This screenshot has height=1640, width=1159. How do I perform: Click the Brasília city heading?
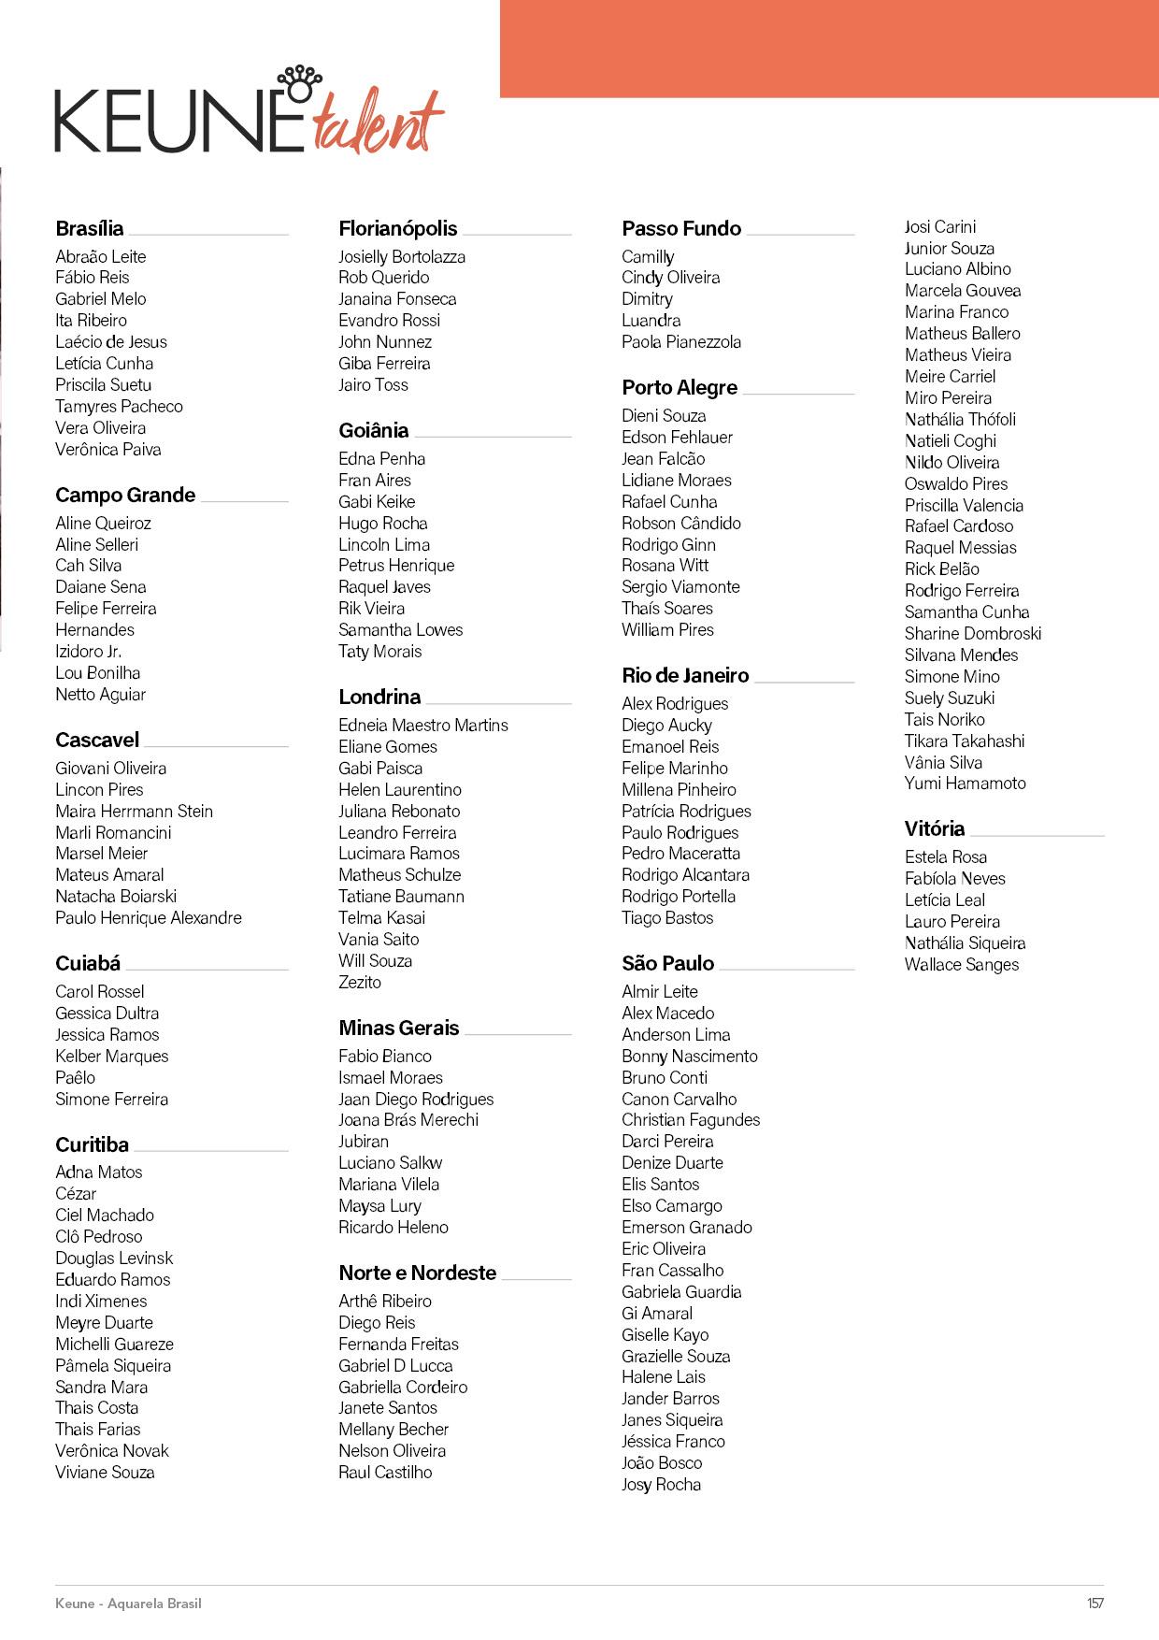(90, 229)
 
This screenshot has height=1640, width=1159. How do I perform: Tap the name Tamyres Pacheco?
(119, 407)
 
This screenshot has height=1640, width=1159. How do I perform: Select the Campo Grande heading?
(125, 496)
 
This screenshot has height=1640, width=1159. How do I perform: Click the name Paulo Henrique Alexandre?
(149, 918)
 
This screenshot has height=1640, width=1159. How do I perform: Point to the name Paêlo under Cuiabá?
(75, 1078)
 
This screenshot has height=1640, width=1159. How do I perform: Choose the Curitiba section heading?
(92, 1145)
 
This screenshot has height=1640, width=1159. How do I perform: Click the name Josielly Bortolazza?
(402, 257)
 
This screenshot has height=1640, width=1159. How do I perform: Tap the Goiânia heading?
(374, 431)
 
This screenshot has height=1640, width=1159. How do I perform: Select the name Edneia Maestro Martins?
(423, 726)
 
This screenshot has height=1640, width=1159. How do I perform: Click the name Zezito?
(360, 983)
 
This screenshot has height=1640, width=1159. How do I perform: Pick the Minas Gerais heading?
(399, 1029)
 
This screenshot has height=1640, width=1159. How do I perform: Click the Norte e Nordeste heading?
(418, 1273)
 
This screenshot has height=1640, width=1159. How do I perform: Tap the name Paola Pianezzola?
(681, 342)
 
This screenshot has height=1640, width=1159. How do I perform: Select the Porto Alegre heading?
(680, 388)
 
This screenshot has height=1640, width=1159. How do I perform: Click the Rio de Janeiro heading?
(685, 676)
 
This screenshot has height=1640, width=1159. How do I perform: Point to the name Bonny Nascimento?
(690, 1057)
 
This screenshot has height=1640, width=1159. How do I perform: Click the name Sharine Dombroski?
(973, 634)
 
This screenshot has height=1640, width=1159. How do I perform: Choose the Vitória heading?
(935, 829)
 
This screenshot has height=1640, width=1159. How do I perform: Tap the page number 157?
(1095, 1604)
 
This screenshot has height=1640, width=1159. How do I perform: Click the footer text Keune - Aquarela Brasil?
(128, 1604)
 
